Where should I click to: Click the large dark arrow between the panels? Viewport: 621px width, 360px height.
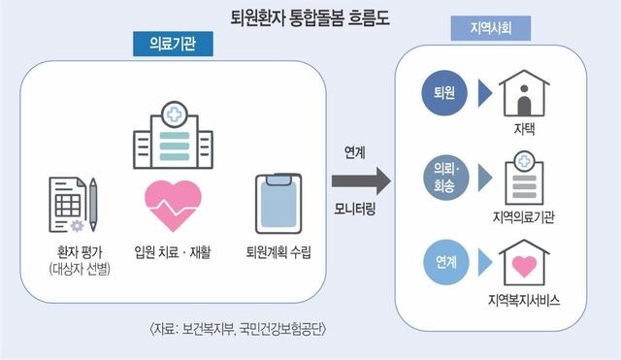pyautogui.click(x=360, y=180)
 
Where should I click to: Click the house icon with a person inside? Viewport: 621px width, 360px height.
pyautogui.click(x=525, y=94)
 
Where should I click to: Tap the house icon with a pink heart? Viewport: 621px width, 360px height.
pyautogui.click(x=525, y=260)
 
